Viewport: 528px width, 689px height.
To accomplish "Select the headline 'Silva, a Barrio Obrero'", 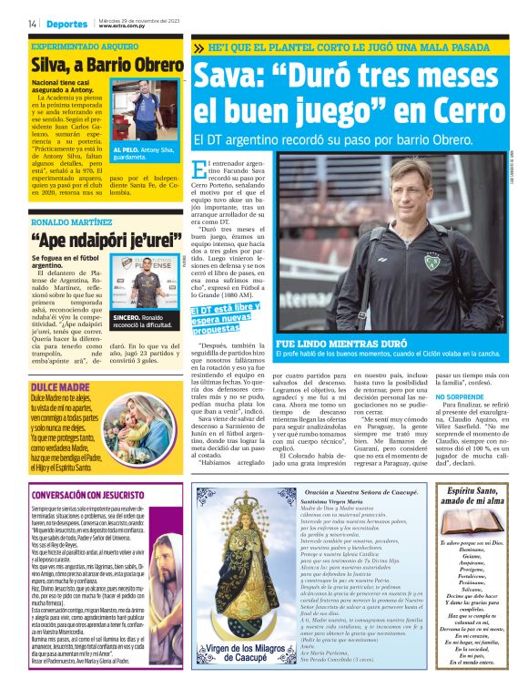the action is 107,65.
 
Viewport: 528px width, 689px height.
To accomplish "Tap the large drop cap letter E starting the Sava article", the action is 202,169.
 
